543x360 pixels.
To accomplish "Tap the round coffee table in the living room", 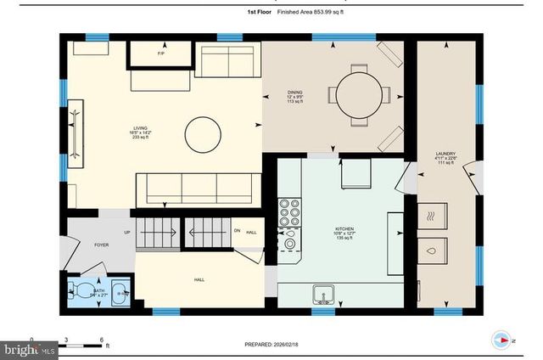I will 203,133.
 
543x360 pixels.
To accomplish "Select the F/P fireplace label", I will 161,54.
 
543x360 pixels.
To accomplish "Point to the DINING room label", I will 294,93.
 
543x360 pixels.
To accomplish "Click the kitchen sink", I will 323,294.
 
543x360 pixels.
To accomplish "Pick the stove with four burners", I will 290,210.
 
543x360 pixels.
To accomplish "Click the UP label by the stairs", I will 127,232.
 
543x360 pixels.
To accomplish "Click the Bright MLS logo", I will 29,349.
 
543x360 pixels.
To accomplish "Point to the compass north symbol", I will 502,340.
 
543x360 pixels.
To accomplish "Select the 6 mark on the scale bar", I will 101,340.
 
